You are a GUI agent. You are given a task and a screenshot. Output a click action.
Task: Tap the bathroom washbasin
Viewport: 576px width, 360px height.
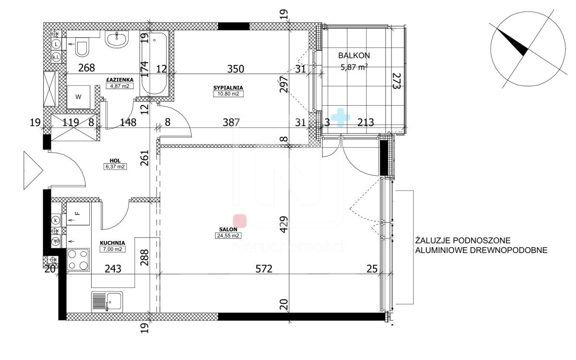(117, 39)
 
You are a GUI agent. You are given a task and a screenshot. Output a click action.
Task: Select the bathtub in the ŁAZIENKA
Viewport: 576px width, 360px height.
(154, 63)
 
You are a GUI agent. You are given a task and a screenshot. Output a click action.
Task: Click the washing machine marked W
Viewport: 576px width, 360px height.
(78, 97)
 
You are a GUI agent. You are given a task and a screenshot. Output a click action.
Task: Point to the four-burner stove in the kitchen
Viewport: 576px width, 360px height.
(78, 260)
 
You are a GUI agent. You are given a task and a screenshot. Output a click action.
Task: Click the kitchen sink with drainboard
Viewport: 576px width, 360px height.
(107, 302)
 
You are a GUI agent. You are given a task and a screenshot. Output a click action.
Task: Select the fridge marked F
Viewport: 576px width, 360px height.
(78, 214)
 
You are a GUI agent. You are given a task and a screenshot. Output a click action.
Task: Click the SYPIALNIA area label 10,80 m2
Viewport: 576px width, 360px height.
(228, 94)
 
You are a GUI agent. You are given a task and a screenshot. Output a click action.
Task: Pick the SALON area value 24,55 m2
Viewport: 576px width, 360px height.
(228, 236)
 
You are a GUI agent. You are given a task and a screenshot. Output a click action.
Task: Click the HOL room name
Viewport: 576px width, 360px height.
(115, 161)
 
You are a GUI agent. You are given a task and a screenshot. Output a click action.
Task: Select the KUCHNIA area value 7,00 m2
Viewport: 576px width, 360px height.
(113, 249)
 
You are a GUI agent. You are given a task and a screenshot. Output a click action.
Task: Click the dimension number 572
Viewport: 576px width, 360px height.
(264, 269)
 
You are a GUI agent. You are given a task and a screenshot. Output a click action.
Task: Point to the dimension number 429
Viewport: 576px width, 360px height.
(284, 225)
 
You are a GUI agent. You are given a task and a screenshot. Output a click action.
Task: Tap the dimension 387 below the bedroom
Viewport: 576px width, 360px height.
(231, 122)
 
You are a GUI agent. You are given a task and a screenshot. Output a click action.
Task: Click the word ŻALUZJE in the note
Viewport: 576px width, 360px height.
(433, 240)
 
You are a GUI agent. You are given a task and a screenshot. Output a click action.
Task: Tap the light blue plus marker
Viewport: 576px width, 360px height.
(340, 118)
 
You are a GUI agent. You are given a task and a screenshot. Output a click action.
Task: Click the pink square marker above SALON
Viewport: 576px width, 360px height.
(240, 221)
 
